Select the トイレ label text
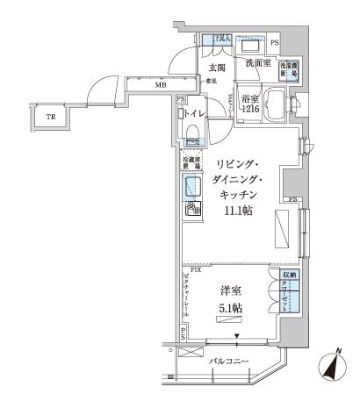click(195, 112)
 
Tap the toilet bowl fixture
click(192, 132)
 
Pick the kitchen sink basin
click(193, 184)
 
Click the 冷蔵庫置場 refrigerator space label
click(193, 162)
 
